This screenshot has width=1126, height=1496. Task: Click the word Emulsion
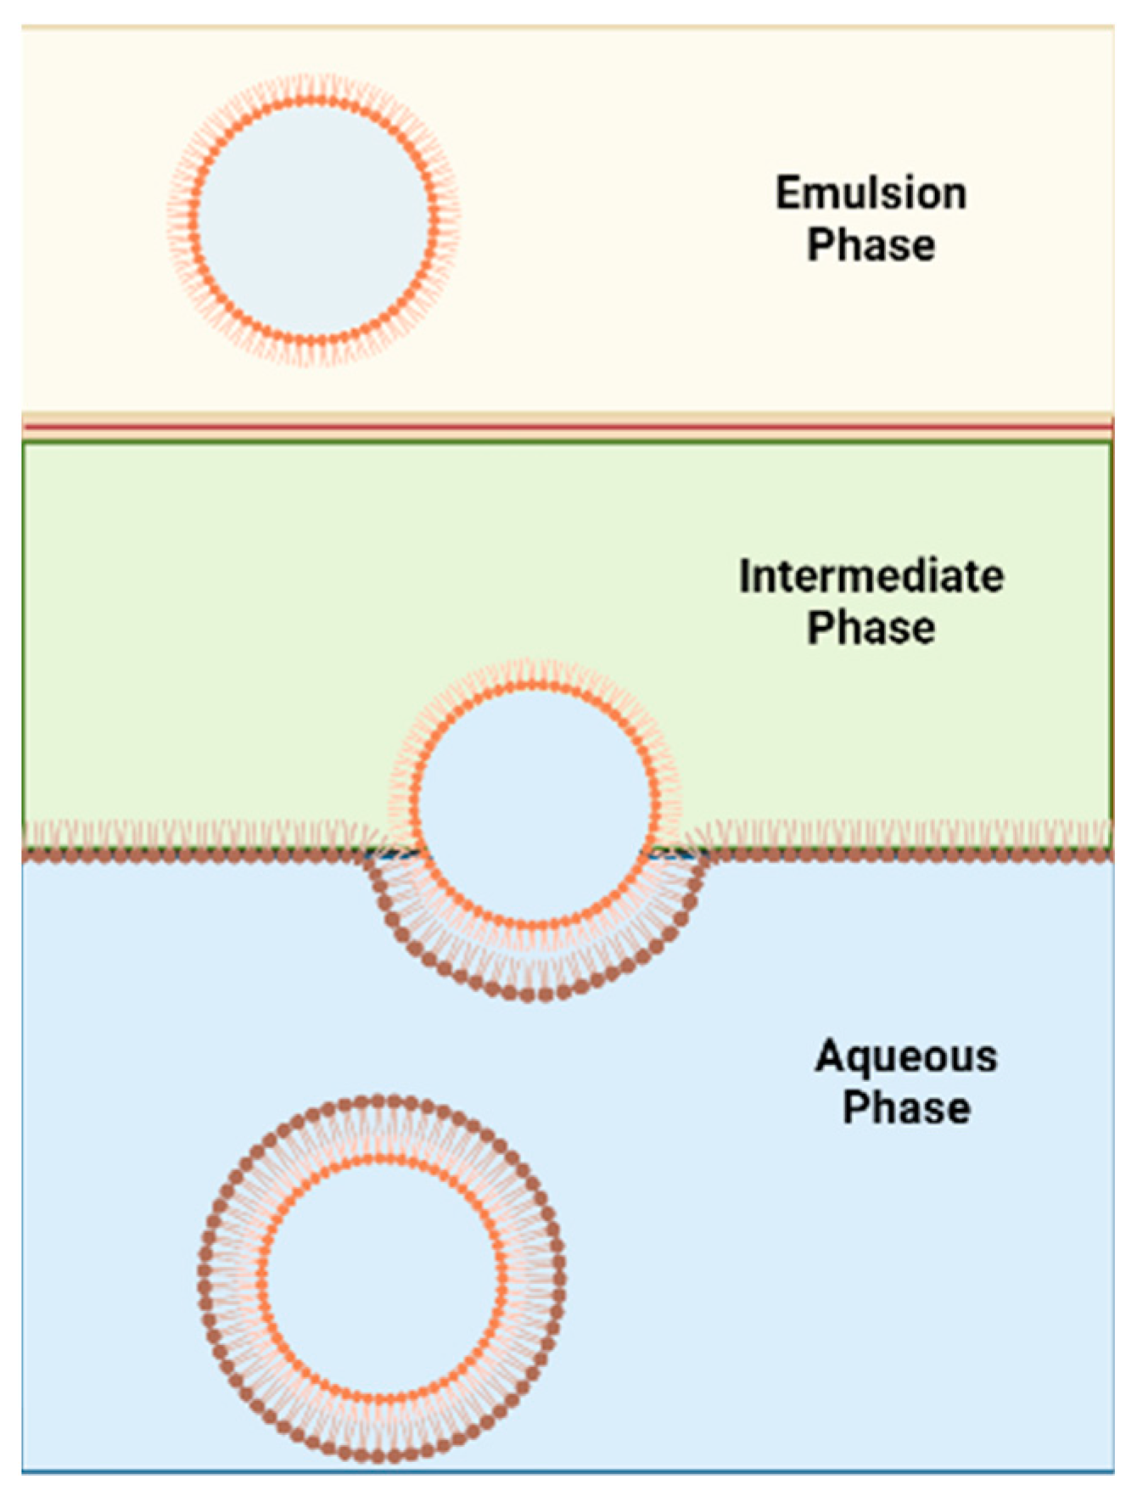pyautogui.click(x=871, y=193)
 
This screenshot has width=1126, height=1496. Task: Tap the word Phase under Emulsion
pyautogui.click(x=871, y=245)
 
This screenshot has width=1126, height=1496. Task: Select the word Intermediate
pyautogui.click(x=871, y=576)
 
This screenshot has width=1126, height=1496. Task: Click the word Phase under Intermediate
pyautogui.click(x=871, y=628)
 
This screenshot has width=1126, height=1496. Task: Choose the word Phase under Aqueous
pyautogui.click(x=905, y=1108)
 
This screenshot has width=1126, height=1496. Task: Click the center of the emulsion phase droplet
pyautogui.click(x=314, y=221)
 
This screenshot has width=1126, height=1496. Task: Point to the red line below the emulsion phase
pyautogui.click(x=567, y=425)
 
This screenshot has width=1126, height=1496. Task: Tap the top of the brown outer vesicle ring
pyautogui.click(x=381, y=1101)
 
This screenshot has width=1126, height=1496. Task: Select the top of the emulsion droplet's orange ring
pyautogui.click(x=314, y=102)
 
